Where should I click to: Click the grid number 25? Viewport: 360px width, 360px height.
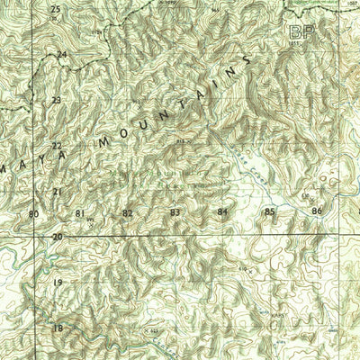pyautogui.click(x=56, y=9)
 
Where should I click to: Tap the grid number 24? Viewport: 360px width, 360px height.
pyautogui.click(x=61, y=55)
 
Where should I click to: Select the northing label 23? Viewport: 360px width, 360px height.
pyautogui.click(x=56, y=100)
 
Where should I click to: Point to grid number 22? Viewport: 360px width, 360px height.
pyautogui.click(x=56, y=146)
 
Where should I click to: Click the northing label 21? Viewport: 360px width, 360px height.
pyautogui.click(x=57, y=192)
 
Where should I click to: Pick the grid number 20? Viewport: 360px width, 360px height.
pyautogui.click(x=57, y=237)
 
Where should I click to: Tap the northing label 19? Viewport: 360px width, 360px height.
pyautogui.click(x=57, y=283)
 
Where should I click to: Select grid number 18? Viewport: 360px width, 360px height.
pyautogui.click(x=58, y=328)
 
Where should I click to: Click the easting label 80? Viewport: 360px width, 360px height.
pyautogui.click(x=33, y=213)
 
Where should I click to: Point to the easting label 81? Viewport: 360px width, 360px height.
pyautogui.click(x=80, y=213)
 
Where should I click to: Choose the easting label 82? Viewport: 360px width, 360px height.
pyautogui.click(x=127, y=213)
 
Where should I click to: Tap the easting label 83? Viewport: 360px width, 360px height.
pyautogui.click(x=175, y=212)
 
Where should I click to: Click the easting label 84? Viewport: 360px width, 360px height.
pyautogui.click(x=222, y=212)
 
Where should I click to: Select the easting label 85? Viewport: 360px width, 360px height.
pyautogui.click(x=269, y=212)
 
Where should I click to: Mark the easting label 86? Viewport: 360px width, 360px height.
pyautogui.click(x=316, y=211)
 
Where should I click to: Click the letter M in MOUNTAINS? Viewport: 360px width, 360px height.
pyautogui.click(x=106, y=141)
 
